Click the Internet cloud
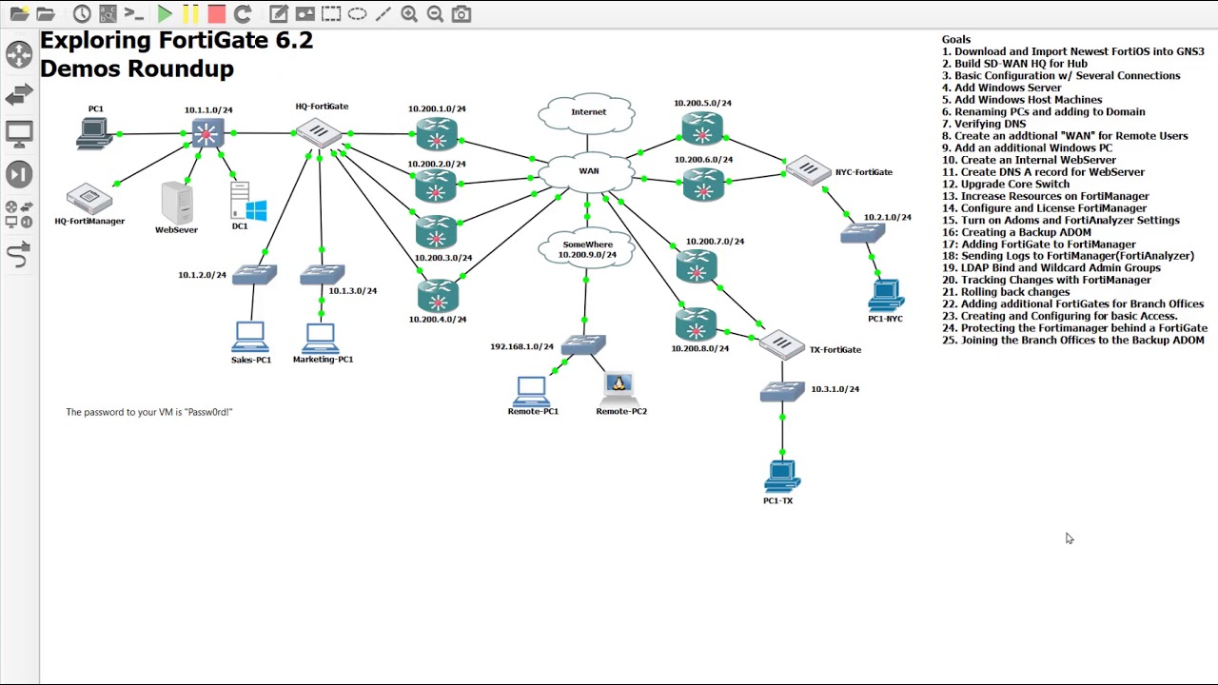tap(587, 112)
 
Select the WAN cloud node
tap(587, 171)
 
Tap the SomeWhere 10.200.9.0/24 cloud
tap(587, 249)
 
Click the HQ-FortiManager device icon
tap(89, 198)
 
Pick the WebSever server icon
tap(177, 202)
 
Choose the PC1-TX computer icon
tap(781, 477)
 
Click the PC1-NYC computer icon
tap(886, 295)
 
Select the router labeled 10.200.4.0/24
tap(437, 297)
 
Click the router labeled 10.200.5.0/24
tap(702, 127)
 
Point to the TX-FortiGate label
tap(835, 350)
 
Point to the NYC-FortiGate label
tap(864, 172)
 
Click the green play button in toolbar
tap(165, 14)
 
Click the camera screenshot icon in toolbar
tap(462, 14)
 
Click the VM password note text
tap(149, 412)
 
